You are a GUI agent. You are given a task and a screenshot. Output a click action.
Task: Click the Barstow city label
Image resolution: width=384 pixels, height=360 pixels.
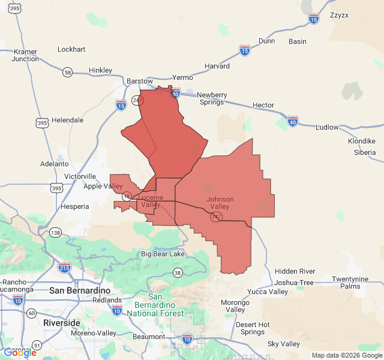pyautogui.click(x=140, y=80)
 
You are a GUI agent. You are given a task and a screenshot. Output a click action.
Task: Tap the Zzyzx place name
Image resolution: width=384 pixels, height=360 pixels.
pyautogui.click(x=340, y=16)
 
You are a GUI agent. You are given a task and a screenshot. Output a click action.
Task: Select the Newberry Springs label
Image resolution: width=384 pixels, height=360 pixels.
pyautogui.click(x=212, y=98)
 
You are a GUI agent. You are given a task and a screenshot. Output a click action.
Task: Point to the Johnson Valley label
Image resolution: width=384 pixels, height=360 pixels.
pyautogui.click(x=220, y=203)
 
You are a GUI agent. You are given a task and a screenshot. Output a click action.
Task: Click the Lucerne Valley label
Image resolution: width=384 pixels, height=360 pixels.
pyautogui.click(x=151, y=201)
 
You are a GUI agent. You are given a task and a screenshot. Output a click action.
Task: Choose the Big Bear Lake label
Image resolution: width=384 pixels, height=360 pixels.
pyautogui.click(x=163, y=254)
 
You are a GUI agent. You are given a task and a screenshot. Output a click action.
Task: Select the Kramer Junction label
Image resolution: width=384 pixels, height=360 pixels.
pyautogui.click(x=25, y=55)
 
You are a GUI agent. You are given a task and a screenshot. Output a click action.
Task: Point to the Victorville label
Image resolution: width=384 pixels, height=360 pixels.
pyautogui.click(x=80, y=176)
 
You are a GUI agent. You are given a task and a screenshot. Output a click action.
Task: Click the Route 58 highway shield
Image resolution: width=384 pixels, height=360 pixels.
pyautogui.click(x=67, y=72)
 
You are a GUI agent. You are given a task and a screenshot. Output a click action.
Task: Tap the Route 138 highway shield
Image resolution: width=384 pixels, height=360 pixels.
pyautogui.click(x=56, y=232)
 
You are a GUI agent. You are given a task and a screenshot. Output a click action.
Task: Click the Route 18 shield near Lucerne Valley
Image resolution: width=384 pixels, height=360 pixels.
pyautogui.click(x=127, y=197)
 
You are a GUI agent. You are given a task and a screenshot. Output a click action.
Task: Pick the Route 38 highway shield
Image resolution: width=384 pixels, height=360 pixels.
pyautogui.click(x=177, y=273)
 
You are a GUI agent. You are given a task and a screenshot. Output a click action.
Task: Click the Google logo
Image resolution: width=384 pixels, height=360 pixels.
pyautogui.click(x=20, y=353)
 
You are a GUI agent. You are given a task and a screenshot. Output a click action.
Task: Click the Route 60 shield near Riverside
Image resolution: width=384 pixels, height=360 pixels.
pyautogui.click(x=31, y=313)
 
